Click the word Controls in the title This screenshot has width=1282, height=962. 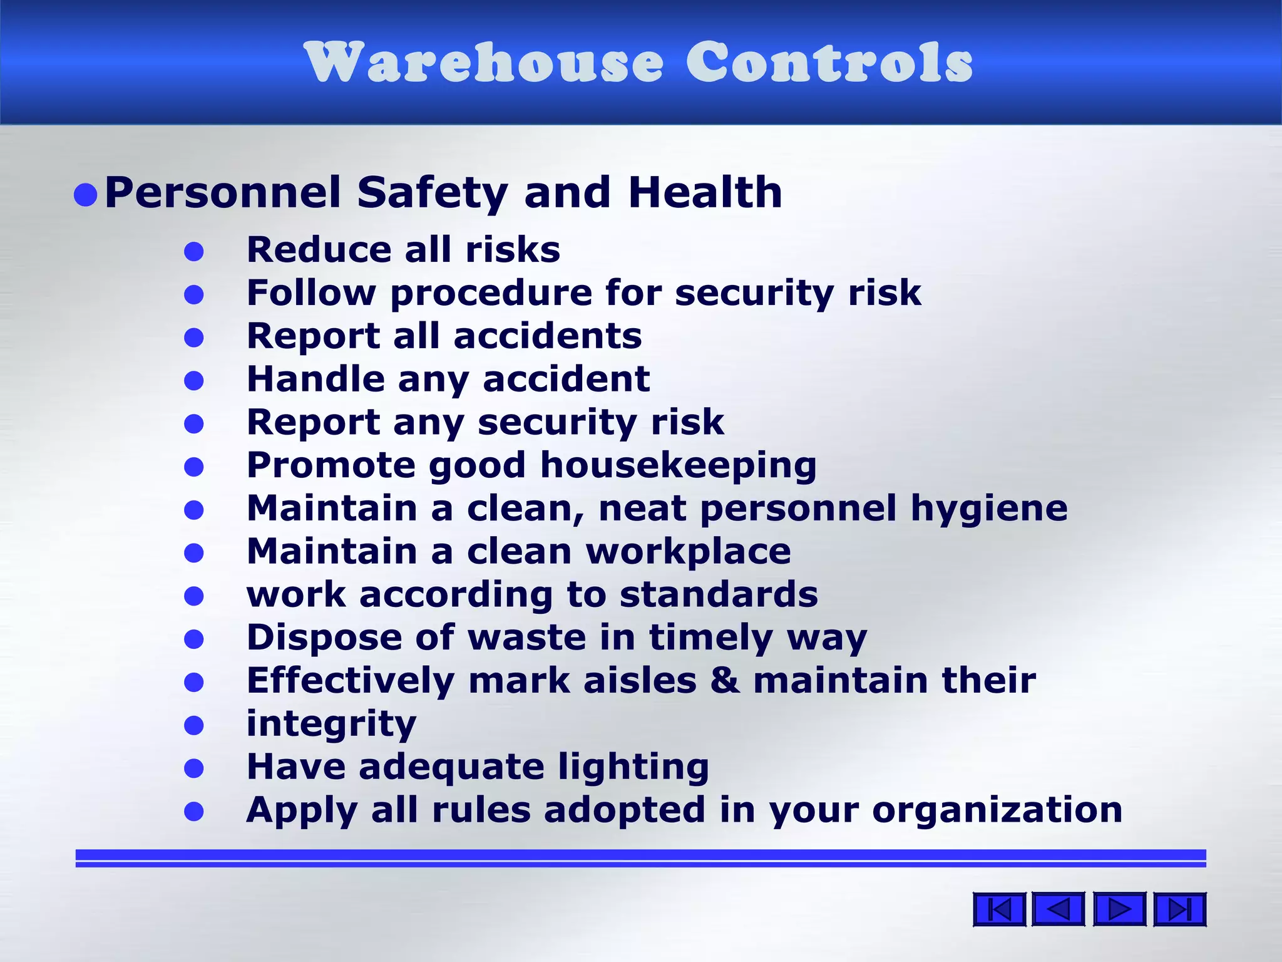(829, 62)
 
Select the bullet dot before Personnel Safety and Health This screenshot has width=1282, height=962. (85, 195)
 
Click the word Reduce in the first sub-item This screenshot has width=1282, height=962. (318, 249)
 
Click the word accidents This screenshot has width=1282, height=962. (548, 336)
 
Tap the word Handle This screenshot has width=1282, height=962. (315, 379)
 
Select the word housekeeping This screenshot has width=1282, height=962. (679, 466)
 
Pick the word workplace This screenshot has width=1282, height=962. (688, 552)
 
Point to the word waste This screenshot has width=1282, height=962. (527, 638)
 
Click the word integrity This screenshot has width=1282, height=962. (331, 725)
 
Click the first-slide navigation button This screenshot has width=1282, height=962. (999, 909)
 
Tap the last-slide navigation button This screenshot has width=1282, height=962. (1179, 909)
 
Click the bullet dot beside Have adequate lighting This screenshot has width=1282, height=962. (194, 768)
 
